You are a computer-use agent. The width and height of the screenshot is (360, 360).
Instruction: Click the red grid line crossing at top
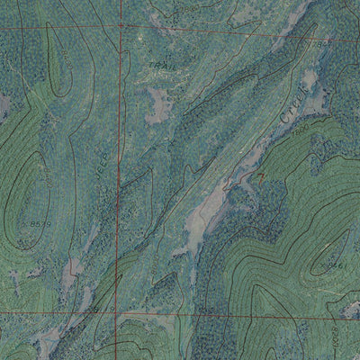click(121, 26)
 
